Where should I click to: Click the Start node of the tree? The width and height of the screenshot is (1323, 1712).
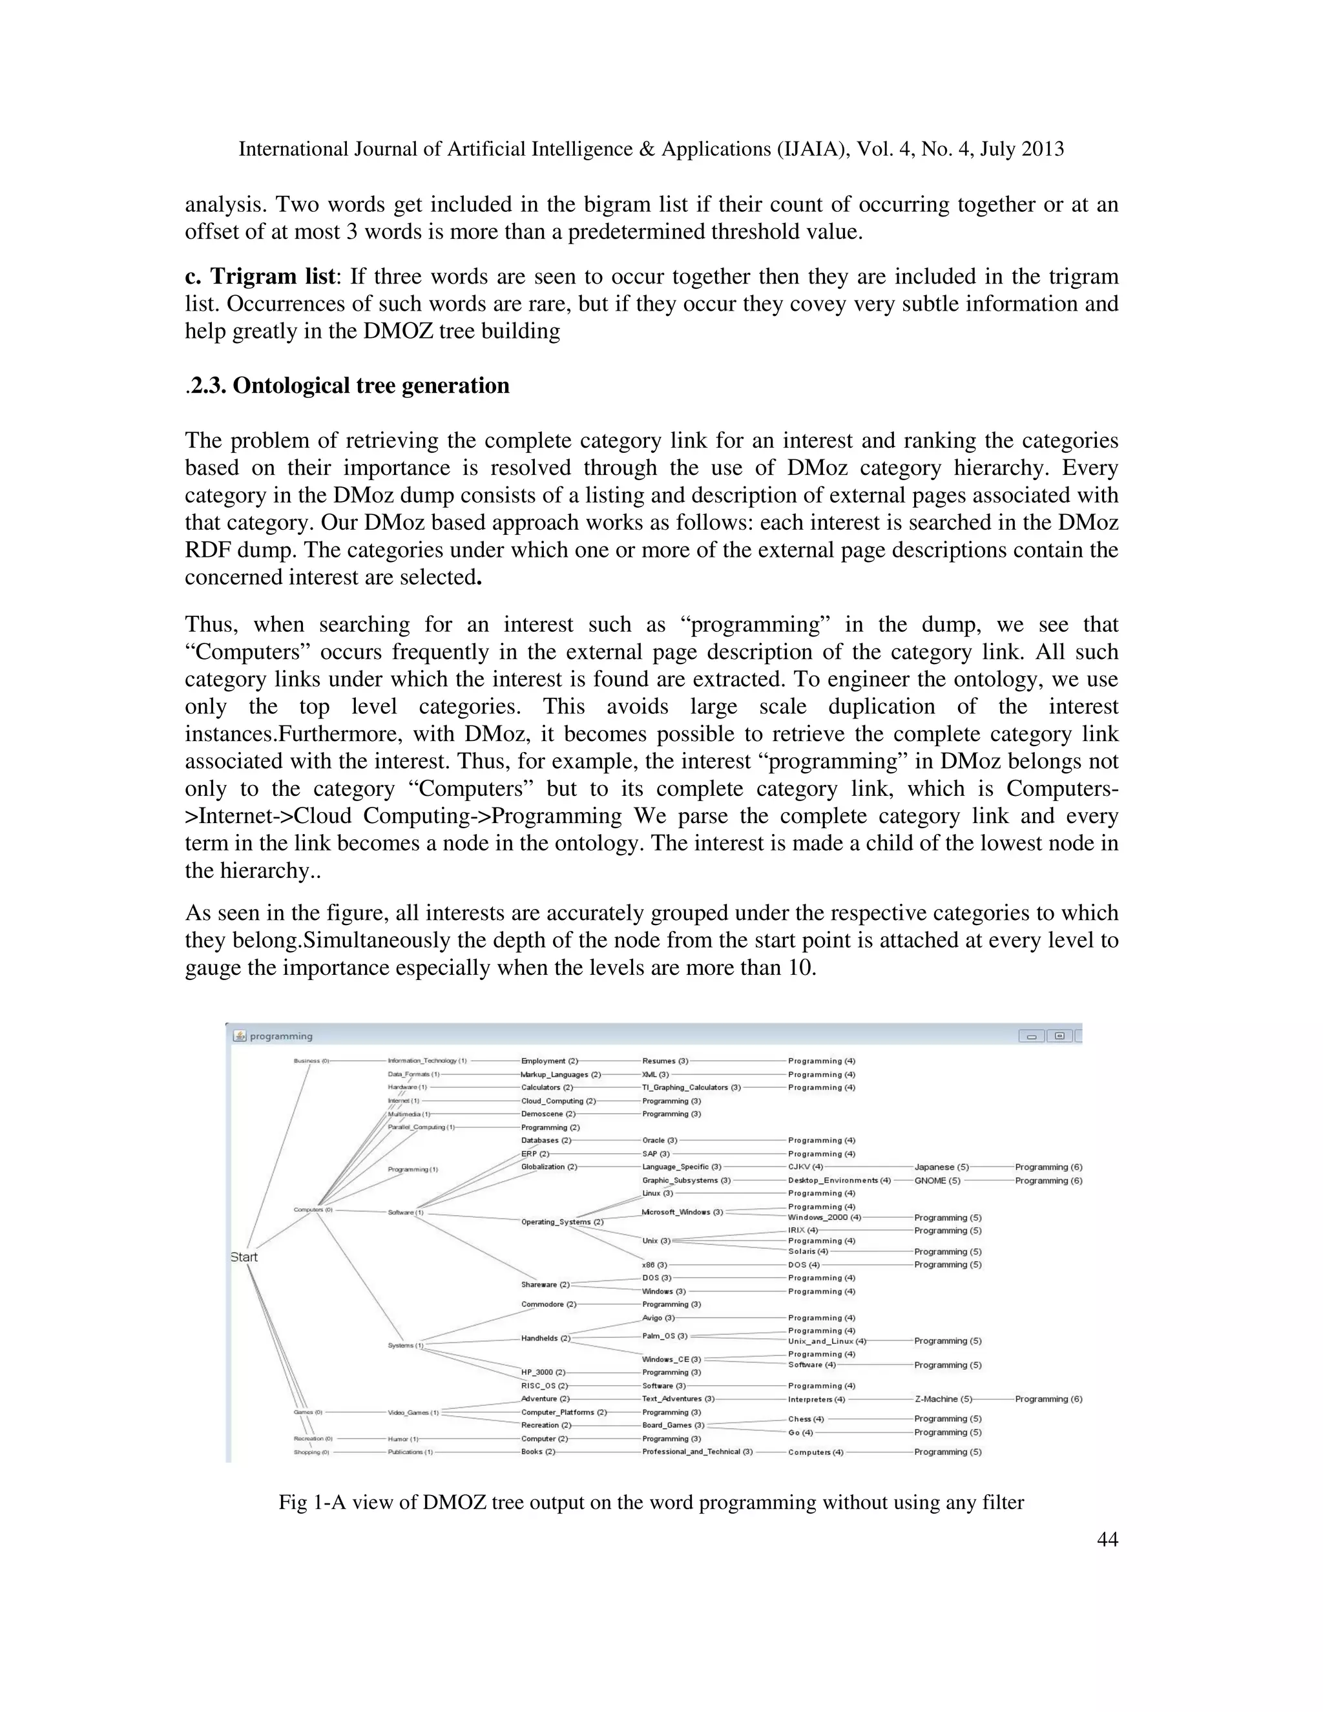point(244,1257)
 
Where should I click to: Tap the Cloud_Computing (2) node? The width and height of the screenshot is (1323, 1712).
point(558,1101)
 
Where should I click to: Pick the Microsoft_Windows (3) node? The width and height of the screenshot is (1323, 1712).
point(682,1212)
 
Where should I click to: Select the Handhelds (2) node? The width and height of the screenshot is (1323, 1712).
point(545,1338)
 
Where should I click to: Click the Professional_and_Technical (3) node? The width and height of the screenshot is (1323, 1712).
point(697,1452)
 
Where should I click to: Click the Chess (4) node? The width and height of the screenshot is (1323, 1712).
point(806,1419)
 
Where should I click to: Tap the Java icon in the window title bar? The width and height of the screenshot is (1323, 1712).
point(240,1036)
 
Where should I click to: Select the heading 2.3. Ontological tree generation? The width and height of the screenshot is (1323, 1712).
point(349,386)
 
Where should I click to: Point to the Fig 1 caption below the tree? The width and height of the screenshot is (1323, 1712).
point(651,1502)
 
